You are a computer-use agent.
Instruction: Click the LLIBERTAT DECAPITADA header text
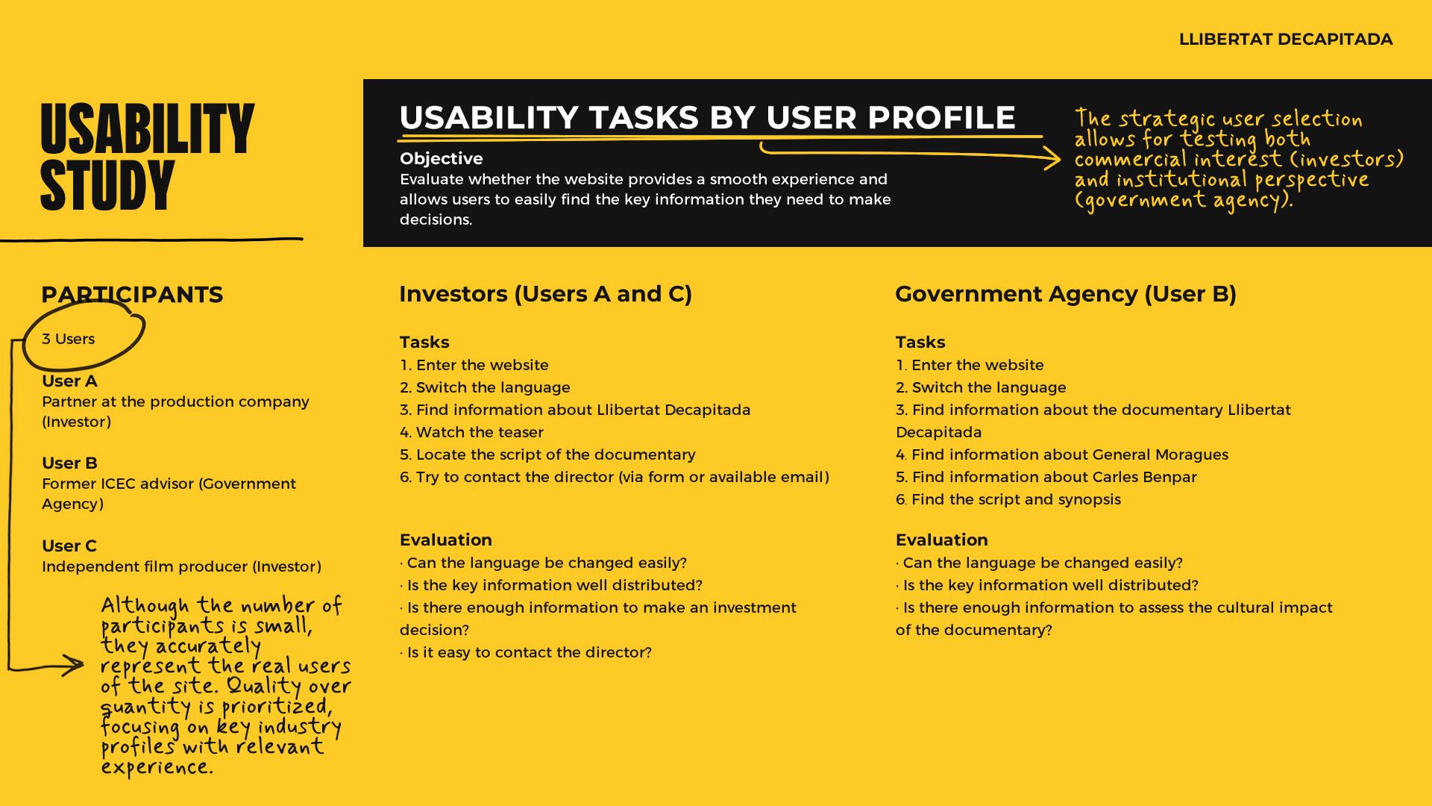[1285, 40]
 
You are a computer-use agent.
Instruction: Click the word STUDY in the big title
[107, 186]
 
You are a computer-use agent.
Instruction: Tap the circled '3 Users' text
[69, 339]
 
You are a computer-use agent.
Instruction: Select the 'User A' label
[69, 381]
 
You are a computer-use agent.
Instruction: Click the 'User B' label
[69, 463]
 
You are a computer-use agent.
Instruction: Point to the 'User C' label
[69, 546]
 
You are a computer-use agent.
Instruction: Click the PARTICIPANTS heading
[132, 295]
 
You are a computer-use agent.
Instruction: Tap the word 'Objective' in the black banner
[441, 159]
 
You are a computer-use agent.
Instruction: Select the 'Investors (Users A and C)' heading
[545, 294]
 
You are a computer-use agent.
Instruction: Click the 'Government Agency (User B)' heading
[1065, 294]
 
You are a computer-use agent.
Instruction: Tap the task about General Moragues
[1062, 454]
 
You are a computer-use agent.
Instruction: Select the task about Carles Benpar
[1046, 477]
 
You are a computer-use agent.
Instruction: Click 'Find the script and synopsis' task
[1008, 499]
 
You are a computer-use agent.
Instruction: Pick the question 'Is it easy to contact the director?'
[526, 652]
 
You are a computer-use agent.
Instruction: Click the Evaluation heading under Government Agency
[941, 540]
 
